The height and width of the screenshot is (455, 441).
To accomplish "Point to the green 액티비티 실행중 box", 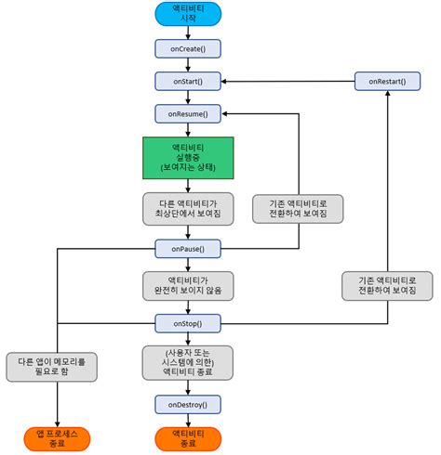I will click(x=188, y=159).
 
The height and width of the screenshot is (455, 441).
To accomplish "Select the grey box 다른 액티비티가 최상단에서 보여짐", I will click(x=188, y=208).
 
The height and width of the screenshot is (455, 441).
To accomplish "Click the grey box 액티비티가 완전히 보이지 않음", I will click(x=188, y=285).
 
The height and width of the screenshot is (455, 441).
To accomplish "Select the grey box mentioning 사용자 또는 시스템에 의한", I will click(x=188, y=362).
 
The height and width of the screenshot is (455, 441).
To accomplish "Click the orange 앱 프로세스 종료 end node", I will click(x=58, y=438).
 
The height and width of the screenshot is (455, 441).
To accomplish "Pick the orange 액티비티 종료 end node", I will click(x=188, y=438).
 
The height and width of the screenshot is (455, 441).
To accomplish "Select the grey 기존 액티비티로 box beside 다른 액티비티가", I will click(x=298, y=208).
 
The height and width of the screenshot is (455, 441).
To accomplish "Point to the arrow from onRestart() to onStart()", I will click(x=288, y=82).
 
